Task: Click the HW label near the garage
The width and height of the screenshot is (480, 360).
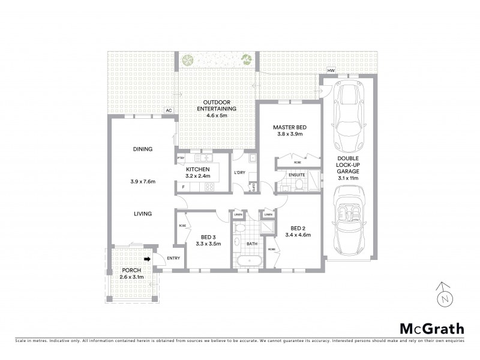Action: coord(331,71)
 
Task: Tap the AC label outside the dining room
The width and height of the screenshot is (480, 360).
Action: coord(169,110)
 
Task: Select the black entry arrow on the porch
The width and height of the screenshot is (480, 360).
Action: coord(146,259)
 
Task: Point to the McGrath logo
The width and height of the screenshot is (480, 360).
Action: coord(431,328)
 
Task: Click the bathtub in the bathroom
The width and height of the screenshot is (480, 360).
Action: coord(248,262)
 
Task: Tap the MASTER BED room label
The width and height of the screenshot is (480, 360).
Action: coord(289,127)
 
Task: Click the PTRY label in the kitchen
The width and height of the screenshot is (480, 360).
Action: coord(181,158)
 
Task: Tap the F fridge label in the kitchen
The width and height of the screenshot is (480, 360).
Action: coord(183,187)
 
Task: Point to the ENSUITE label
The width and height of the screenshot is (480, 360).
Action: coord(296,175)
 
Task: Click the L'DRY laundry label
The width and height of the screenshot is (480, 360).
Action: coord(239,173)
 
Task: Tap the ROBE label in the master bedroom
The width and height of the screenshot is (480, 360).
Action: coord(298,162)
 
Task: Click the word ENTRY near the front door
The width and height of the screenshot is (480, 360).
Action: coord(173,258)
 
